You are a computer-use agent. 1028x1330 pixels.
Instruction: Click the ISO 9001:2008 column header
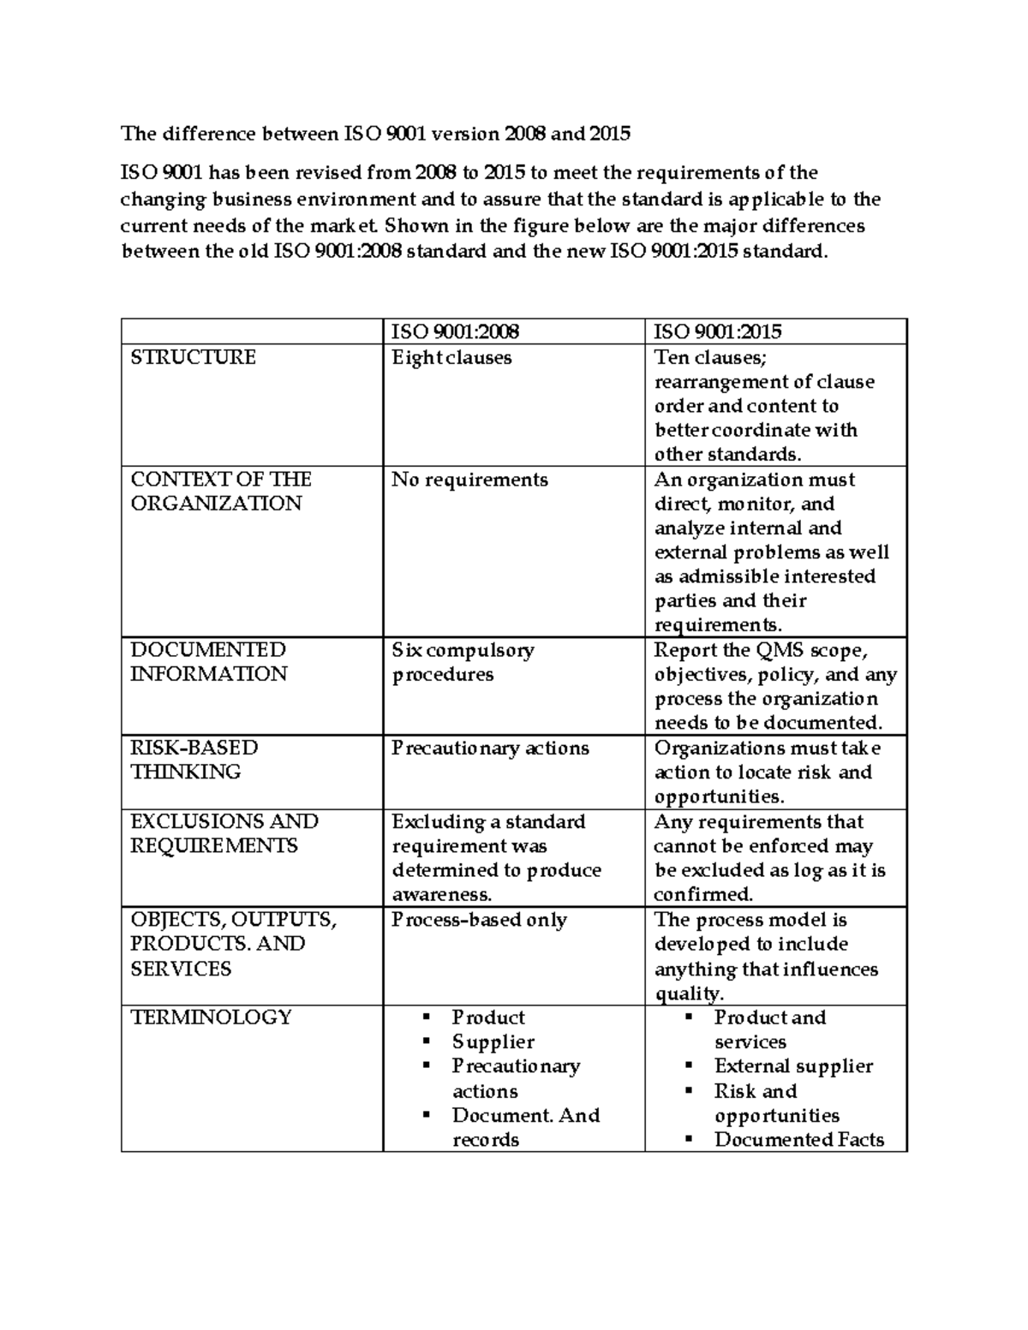tap(455, 331)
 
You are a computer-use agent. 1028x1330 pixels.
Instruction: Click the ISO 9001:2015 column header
tap(718, 331)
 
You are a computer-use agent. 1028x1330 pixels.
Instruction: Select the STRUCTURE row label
tap(193, 357)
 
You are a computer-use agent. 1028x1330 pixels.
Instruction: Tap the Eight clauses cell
tap(451, 357)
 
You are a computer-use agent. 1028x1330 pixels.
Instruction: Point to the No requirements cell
tap(469, 480)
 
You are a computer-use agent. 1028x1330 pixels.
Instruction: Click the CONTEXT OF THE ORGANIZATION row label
tap(220, 491)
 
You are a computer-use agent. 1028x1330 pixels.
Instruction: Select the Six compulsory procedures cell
tap(463, 662)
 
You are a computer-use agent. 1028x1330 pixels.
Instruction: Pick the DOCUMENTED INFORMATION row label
tap(208, 662)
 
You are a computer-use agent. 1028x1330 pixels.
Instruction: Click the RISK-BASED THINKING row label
tap(194, 760)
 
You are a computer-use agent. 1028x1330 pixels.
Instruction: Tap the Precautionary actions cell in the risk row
tap(490, 748)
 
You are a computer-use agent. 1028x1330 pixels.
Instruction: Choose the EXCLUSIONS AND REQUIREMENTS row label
tap(224, 833)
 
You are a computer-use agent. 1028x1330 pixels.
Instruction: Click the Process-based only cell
tap(479, 920)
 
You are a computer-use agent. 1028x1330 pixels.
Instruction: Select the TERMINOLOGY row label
tap(211, 1017)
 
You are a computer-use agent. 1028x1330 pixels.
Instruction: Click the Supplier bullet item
tap(493, 1042)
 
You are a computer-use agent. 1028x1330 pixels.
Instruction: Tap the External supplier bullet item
tap(793, 1066)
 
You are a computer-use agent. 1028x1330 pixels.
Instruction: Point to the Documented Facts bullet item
tap(798, 1140)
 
